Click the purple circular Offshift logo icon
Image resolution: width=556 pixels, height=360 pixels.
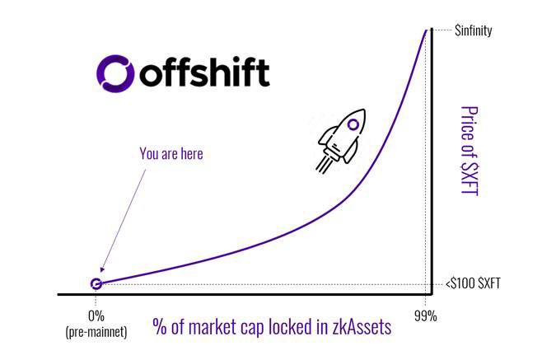point(114,72)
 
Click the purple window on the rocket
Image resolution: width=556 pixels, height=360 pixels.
point(354,125)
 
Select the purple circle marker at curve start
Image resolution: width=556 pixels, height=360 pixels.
point(96,284)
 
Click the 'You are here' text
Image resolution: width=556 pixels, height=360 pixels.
point(171,153)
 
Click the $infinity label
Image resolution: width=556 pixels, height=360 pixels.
point(473,31)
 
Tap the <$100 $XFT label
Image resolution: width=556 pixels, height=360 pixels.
point(472,284)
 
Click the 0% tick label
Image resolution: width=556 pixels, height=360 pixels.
point(96,316)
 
